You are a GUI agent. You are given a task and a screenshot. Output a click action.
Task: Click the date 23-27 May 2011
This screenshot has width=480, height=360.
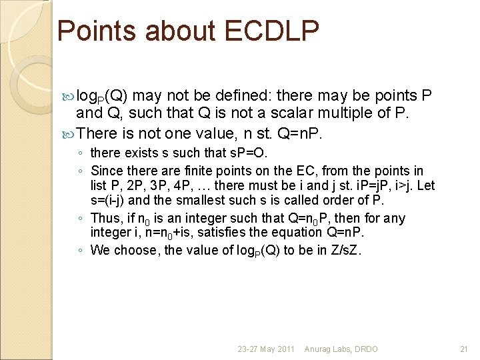(266, 349)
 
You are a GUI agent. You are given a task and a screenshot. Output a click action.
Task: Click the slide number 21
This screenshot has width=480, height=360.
(464, 349)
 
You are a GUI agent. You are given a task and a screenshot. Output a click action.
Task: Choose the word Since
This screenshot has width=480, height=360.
(107, 171)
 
